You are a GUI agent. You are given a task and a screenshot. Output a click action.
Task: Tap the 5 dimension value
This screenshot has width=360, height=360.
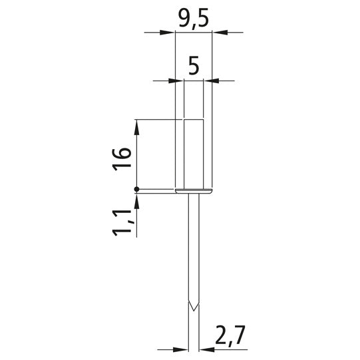coord(194,67)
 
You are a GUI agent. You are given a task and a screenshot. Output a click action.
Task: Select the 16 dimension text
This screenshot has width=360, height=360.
coord(122,159)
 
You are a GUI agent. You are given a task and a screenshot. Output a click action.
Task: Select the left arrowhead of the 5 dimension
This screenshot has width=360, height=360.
coord(176,81)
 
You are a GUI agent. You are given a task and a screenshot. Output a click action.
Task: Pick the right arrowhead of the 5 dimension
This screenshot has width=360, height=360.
coord(211,81)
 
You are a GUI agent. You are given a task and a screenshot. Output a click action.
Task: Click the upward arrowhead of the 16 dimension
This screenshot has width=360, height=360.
coord(136,127)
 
